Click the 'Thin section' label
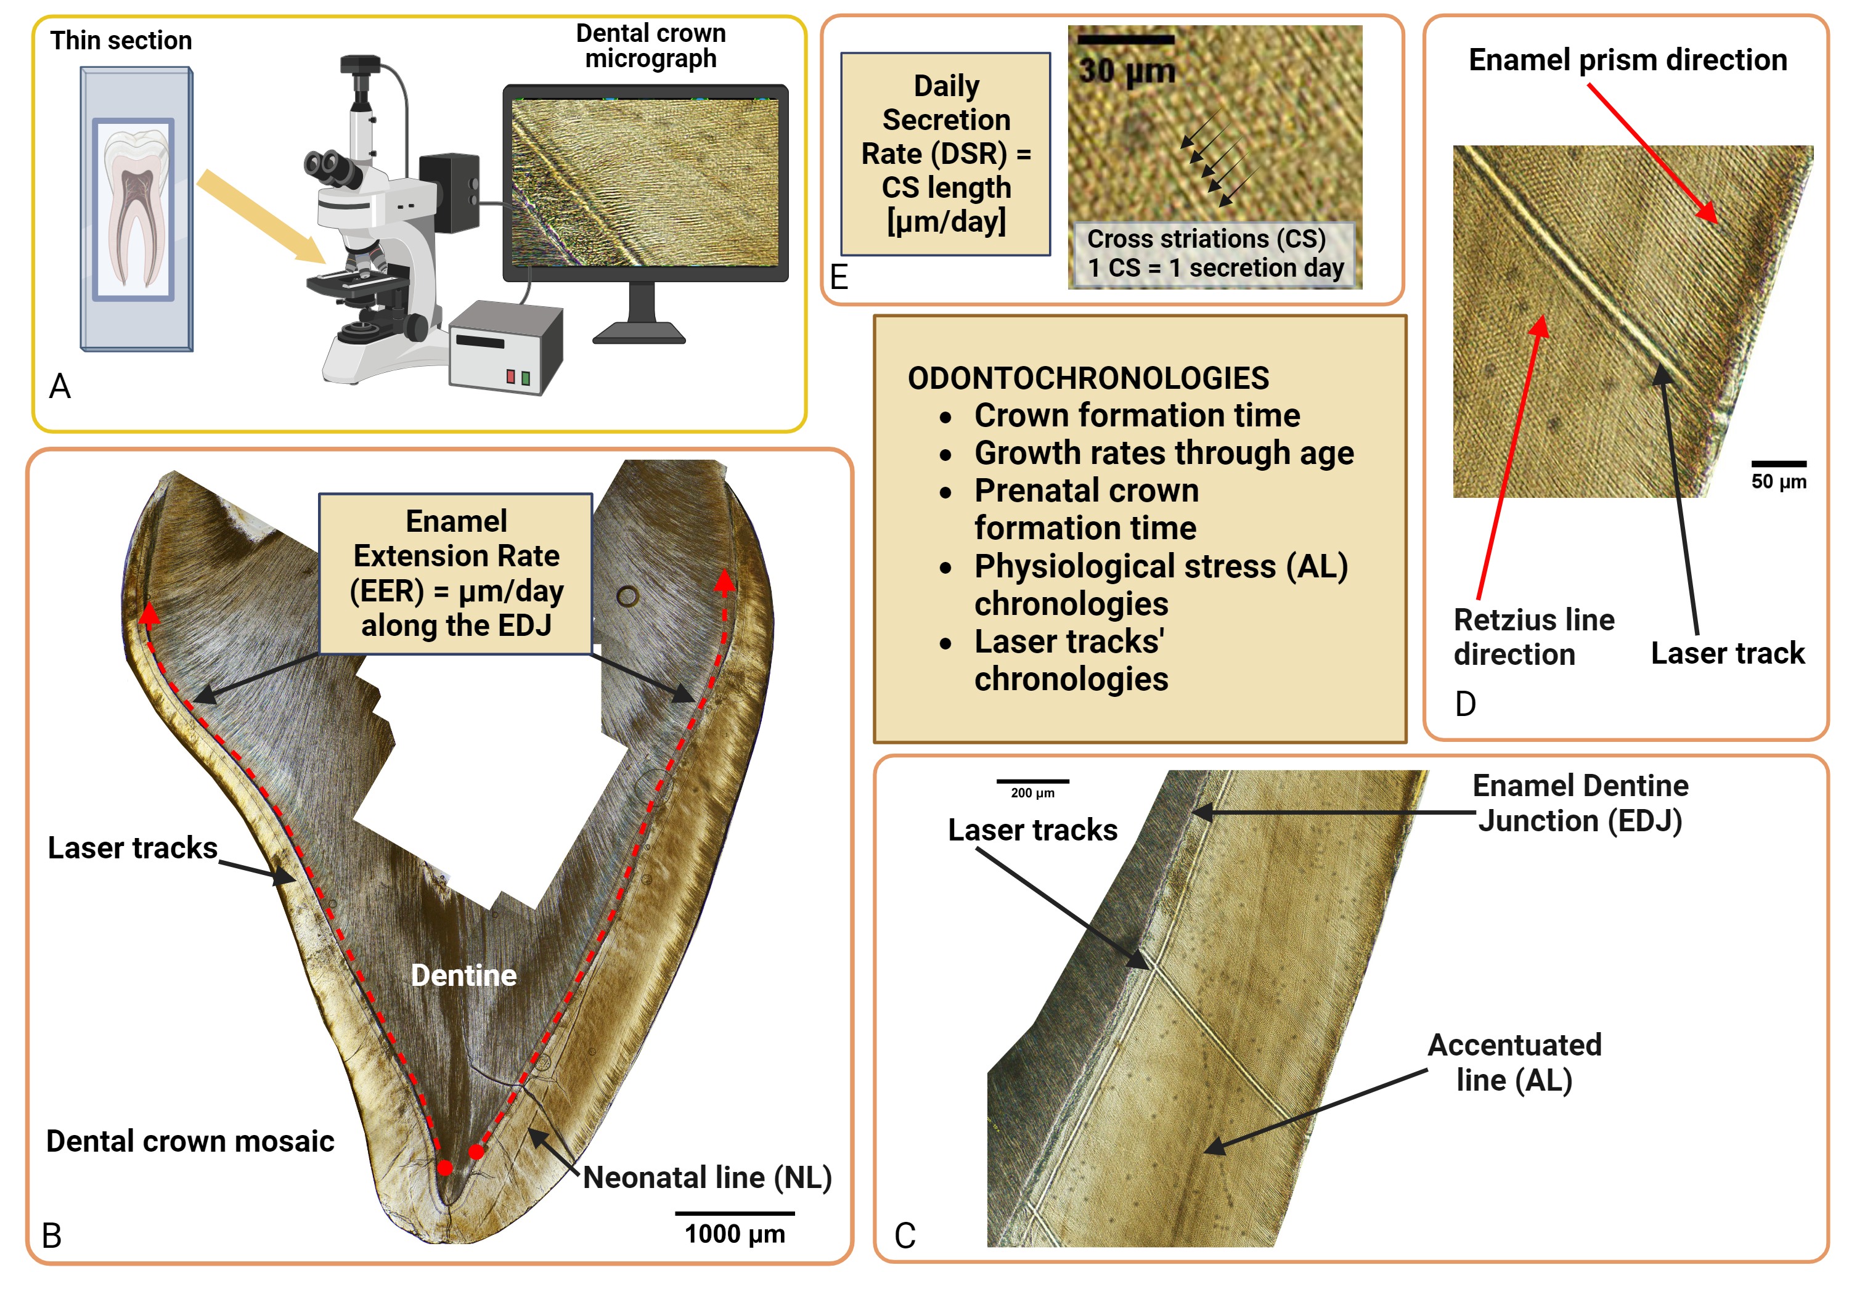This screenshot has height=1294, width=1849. pos(121,40)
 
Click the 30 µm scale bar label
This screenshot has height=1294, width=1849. pos(1127,71)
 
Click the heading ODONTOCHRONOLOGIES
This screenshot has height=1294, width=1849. pos(1088,378)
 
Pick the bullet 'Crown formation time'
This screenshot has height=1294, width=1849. pos(1137,415)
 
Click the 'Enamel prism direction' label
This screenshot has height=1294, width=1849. pos(1628,60)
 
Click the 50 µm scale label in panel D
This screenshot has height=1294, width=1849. pos(1778,481)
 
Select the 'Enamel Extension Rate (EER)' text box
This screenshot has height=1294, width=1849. pos(456,573)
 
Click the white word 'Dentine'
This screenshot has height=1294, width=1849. pos(464,975)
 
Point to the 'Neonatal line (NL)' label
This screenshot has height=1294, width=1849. pos(707,1178)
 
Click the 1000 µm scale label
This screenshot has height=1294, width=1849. pos(735,1234)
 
